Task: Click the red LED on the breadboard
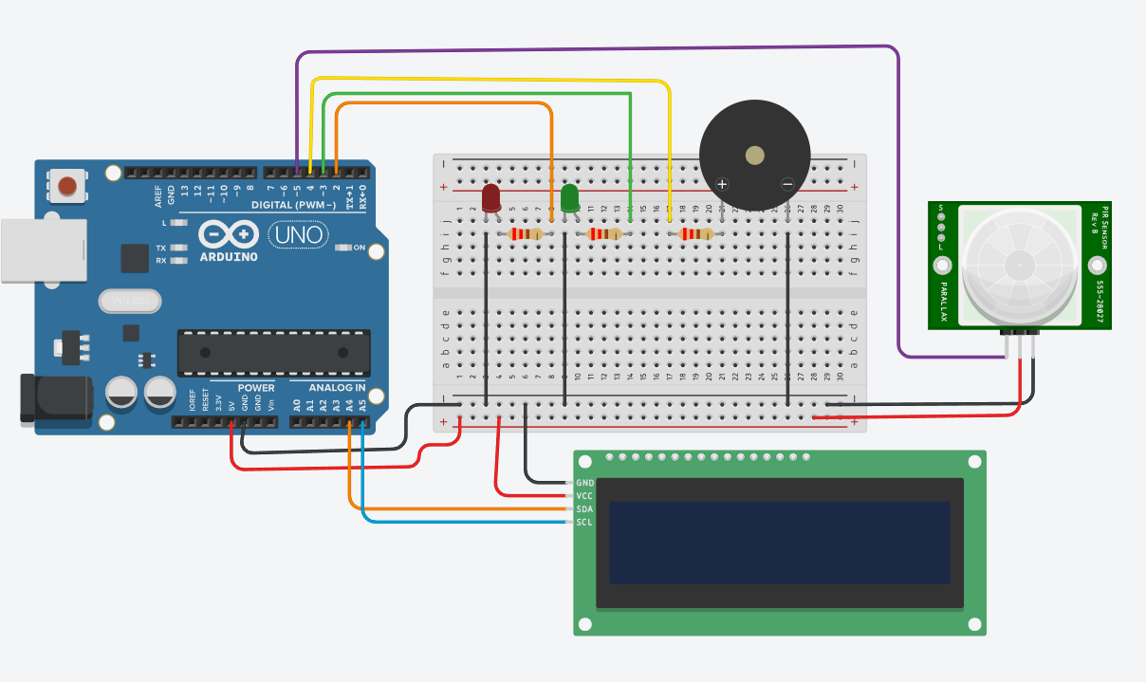point(490,199)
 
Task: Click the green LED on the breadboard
point(570,199)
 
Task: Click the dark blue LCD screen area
point(779,543)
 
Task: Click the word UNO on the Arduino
point(300,233)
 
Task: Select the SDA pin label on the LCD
point(584,509)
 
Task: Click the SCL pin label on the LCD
point(584,523)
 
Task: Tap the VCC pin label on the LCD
point(584,496)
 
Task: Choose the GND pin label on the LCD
point(584,483)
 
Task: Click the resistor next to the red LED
point(526,233)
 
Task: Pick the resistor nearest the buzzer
point(697,233)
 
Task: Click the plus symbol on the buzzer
point(722,184)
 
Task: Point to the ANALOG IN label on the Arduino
point(335,388)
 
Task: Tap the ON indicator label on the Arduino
point(360,248)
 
